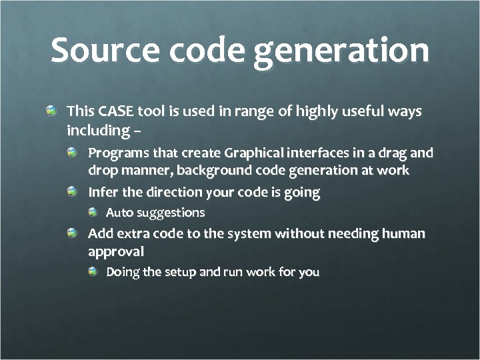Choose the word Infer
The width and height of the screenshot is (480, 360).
click(102, 193)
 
